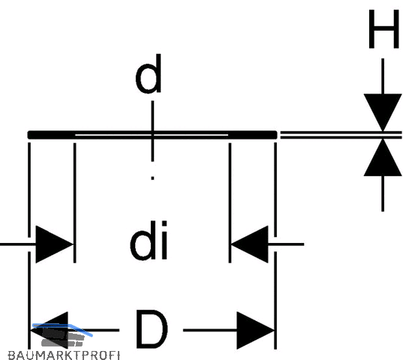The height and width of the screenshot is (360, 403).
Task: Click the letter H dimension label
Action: pyautogui.click(x=384, y=29)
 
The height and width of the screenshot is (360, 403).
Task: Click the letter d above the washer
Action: pyautogui.click(x=149, y=73)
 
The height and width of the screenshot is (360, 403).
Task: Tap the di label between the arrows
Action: pyautogui.click(x=149, y=240)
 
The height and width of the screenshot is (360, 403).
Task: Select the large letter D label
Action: pyautogui.click(x=152, y=328)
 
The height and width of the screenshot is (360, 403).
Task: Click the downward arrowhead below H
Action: pyautogui.click(x=383, y=112)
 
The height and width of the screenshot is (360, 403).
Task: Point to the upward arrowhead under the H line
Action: pyautogui.click(x=383, y=157)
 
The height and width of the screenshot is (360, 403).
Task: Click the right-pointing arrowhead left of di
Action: pyautogui.click(x=55, y=244)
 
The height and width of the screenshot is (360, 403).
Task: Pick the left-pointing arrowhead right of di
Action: pyautogui.click(x=249, y=244)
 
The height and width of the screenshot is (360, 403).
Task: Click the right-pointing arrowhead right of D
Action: pyautogui.click(x=255, y=331)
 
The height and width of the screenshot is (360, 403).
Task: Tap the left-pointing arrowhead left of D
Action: pyautogui.click(x=50, y=330)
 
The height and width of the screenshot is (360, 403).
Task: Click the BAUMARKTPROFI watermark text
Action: pyautogui.click(x=64, y=355)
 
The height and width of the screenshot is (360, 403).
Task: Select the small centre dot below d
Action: pyautogui.click(x=152, y=178)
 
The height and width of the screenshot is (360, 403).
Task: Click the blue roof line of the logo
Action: pyautogui.click(x=62, y=329)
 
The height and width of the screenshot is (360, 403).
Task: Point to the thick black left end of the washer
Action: pyautogui.click(x=51, y=135)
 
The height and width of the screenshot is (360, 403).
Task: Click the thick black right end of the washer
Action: pyautogui.click(x=253, y=135)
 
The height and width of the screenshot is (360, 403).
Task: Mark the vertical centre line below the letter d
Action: pyautogui.click(x=152, y=131)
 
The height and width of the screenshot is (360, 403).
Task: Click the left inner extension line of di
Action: pyautogui.click(x=75, y=202)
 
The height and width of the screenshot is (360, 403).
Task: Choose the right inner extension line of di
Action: pyautogui.click(x=230, y=202)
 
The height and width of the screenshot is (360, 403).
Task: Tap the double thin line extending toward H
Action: pyautogui.click(x=341, y=135)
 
